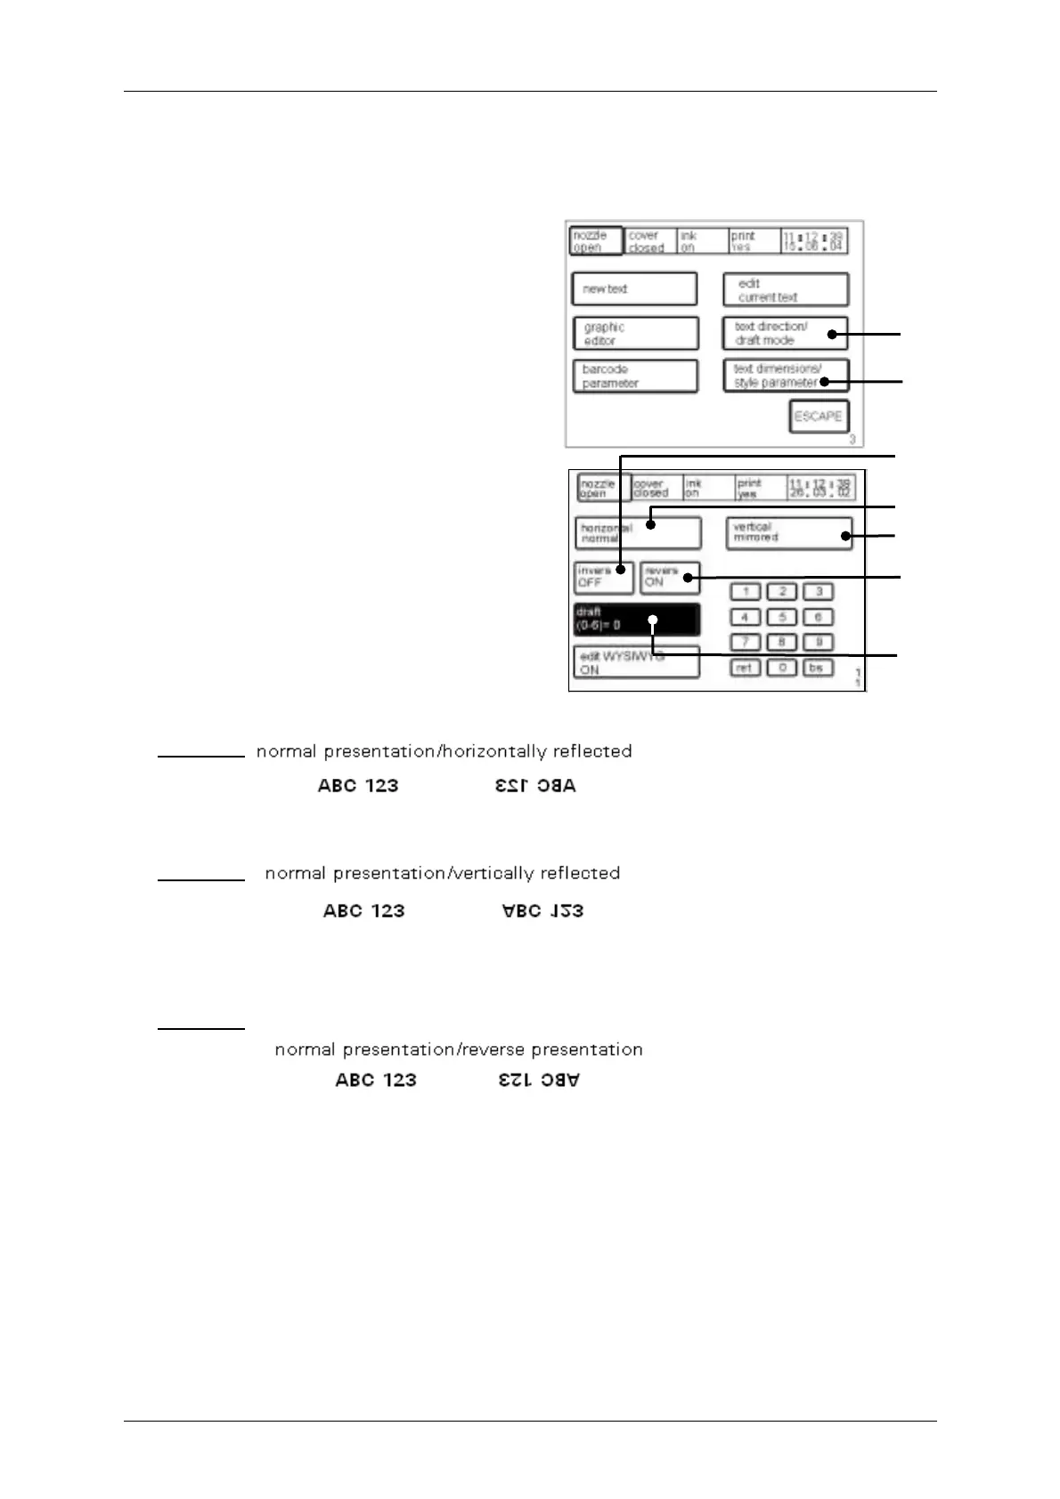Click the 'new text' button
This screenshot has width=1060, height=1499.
coord(634,289)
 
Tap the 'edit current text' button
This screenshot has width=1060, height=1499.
coord(785,290)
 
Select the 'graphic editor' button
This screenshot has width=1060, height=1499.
coord(635,334)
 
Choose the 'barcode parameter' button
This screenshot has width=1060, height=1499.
coord(634,376)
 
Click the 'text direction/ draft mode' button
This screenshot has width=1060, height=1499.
coord(785,333)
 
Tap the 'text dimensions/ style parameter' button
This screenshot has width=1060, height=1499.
coord(785,376)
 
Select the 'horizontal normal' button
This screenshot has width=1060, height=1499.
coord(638,533)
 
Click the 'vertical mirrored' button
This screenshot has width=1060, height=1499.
coord(788,533)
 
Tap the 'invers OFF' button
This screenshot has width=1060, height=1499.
coord(603,578)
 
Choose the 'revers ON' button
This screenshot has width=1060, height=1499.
coord(670,578)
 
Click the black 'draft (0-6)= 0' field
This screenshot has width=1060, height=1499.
coord(637,619)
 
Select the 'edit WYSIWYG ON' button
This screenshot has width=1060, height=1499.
coord(637,663)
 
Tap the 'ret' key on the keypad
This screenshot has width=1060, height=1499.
coord(745,668)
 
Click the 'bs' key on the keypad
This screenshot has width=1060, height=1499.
coord(817,668)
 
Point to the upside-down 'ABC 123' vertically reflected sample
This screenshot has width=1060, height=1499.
coord(542,911)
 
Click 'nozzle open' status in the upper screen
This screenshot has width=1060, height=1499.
coord(595,241)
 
